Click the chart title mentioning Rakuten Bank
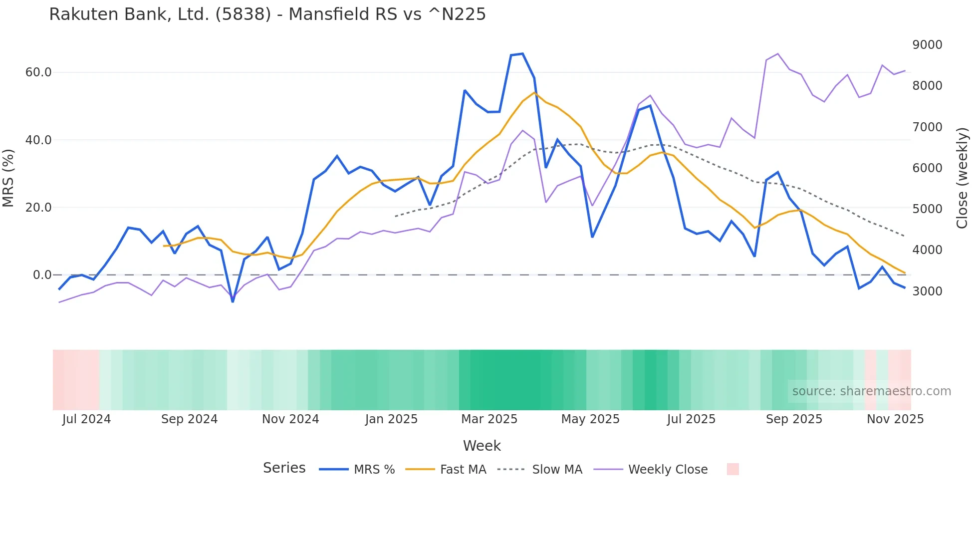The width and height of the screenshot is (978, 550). pyautogui.click(x=267, y=14)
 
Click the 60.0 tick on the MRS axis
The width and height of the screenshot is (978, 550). pyautogui.click(x=38, y=72)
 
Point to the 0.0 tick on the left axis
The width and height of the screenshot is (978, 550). pyautogui.click(x=42, y=275)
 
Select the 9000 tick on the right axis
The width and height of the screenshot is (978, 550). pyautogui.click(x=927, y=45)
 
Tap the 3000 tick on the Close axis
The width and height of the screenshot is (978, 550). pyautogui.click(x=927, y=291)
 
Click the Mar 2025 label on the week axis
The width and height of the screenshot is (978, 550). pyautogui.click(x=489, y=419)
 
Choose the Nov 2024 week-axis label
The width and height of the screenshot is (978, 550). pyautogui.click(x=290, y=419)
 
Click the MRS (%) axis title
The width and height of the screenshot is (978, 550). pyautogui.click(x=8, y=178)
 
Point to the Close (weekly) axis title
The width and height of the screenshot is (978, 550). pyautogui.click(x=962, y=178)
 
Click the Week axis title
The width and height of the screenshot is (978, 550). pyautogui.click(x=482, y=446)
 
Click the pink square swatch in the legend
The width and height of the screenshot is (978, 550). pyautogui.click(x=733, y=469)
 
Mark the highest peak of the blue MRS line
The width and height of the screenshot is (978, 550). pyautogui.click(x=522, y=53)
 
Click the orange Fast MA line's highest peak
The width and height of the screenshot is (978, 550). pyautogui.click(x=534, y=92)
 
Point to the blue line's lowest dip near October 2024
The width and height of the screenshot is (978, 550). pyautogui.click(x=233, y=301)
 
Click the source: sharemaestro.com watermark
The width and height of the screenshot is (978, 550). pyautogui.click(x=871, y=391)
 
